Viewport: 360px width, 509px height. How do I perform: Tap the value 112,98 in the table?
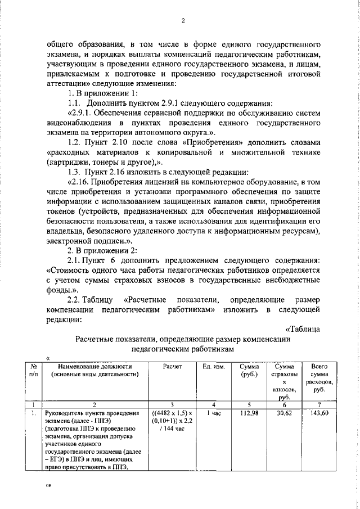[x=248, y=413]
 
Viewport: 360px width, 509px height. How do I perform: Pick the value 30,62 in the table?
[x=283, y=413]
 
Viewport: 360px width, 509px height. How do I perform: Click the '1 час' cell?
[x=214, y=413]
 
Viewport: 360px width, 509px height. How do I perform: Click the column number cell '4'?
[x=214, y=404]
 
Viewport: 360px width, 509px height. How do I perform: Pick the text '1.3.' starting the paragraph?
[x=76, y=171]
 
